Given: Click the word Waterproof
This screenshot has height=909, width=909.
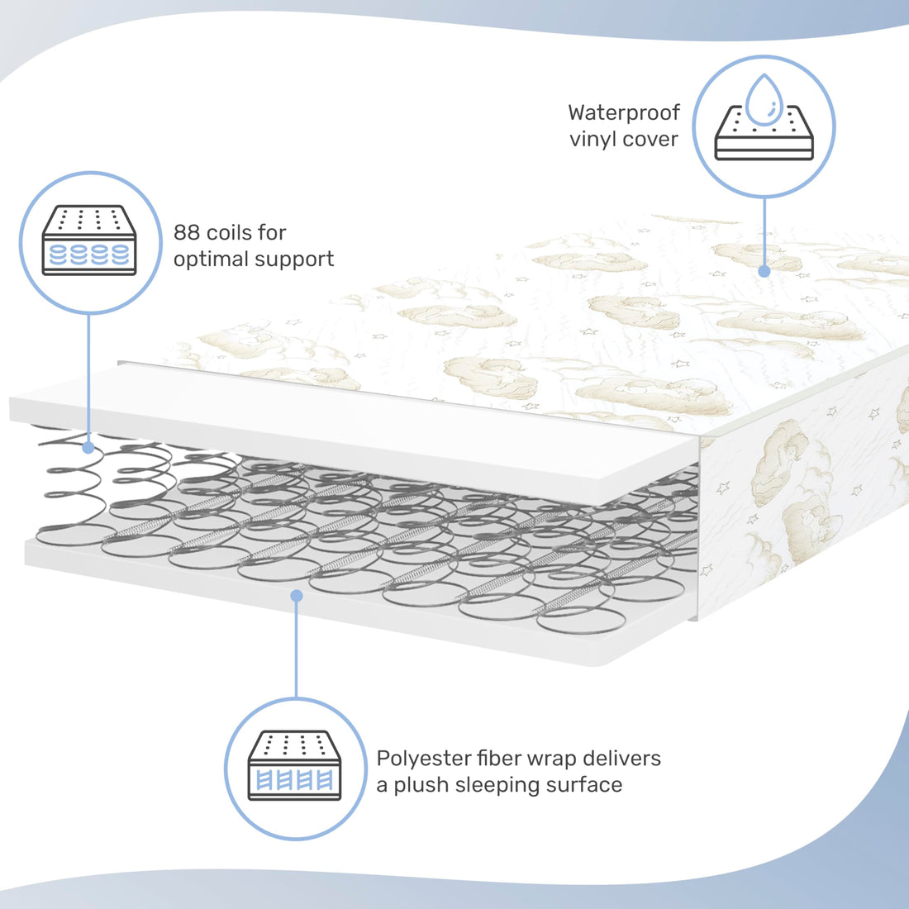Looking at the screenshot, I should pyautogui.click(x=624, y=113).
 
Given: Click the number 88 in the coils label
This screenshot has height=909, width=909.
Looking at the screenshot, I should pyautogui.click(x=187, y=232).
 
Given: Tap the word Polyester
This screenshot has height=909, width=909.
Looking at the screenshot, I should pyautogui.click(x=424, y=759).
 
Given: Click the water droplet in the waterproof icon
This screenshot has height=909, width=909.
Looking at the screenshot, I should pyautogui.click(x=764, y=99).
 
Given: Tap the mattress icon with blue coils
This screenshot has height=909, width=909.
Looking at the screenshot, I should pyautogui.click(x=88, y=240).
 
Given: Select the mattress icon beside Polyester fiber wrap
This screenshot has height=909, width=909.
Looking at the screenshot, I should pyautogui.click(x=295, y=766).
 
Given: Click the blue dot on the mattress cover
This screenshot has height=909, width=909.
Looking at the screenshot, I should pyautogui.click(x=764, y=270).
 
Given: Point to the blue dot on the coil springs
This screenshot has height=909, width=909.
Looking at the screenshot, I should pyautogui.click(x=88, y=447).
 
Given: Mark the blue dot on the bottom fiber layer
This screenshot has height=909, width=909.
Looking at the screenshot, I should pyautogui.click(x=296, y=593).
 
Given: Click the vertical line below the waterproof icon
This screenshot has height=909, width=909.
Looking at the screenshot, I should pyautogui.click(x=764, y=231).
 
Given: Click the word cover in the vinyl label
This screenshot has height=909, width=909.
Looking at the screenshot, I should pyautogui.click(x=651, y=139).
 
